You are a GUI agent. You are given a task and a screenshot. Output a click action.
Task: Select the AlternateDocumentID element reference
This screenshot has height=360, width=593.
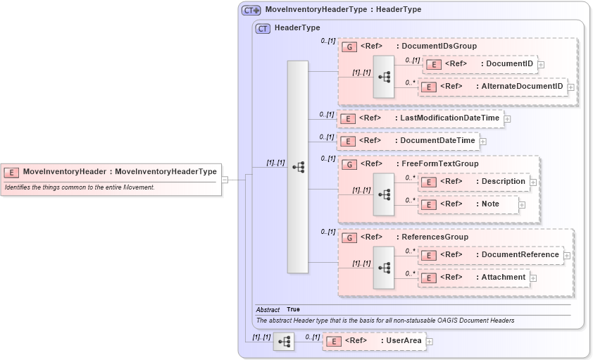[493, 87]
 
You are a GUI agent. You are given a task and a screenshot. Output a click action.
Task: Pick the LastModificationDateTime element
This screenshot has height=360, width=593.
[420, 118]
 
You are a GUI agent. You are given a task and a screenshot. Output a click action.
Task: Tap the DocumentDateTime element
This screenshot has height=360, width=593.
[408, 141]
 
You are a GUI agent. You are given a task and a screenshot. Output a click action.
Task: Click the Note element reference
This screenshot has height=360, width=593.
[469, 204]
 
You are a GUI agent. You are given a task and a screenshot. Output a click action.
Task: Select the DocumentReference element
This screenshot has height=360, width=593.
[491, 255]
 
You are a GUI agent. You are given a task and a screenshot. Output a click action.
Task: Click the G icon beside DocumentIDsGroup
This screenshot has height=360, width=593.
[349, 46]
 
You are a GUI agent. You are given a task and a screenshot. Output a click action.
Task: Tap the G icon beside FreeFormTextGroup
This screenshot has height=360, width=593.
[349, 164]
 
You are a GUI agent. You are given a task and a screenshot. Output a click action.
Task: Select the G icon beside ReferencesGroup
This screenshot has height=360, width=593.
[349, 237]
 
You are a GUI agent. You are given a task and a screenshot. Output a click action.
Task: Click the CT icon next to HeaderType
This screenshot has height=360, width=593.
[263, 28]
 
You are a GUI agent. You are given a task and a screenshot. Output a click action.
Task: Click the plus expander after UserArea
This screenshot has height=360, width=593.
[430, 342]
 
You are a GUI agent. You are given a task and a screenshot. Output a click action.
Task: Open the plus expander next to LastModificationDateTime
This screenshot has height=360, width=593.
[508, 119]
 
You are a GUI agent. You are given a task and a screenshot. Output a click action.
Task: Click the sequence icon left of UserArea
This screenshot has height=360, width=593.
[284, 342]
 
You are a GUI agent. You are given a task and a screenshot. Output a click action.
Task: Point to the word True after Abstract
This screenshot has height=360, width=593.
[293, 309]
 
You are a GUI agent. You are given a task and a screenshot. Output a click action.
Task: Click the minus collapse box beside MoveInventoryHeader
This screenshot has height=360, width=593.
[225, 180]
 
